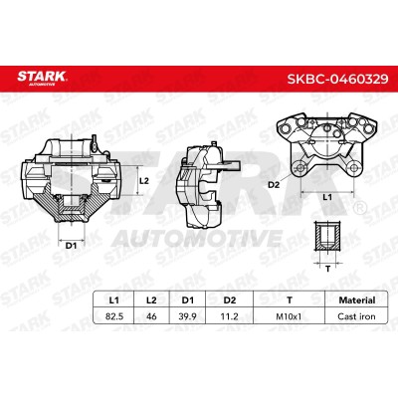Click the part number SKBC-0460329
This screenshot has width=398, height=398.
337,79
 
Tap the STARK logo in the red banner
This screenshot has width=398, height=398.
42,78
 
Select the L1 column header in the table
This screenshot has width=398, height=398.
113,300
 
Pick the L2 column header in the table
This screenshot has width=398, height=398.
151,300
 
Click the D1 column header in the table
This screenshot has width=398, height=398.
188,300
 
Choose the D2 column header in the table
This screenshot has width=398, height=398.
230,300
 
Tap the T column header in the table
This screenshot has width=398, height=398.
290,300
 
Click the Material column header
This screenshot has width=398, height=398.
357,300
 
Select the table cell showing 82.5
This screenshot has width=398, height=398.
114,316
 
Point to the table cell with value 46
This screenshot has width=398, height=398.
151,316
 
